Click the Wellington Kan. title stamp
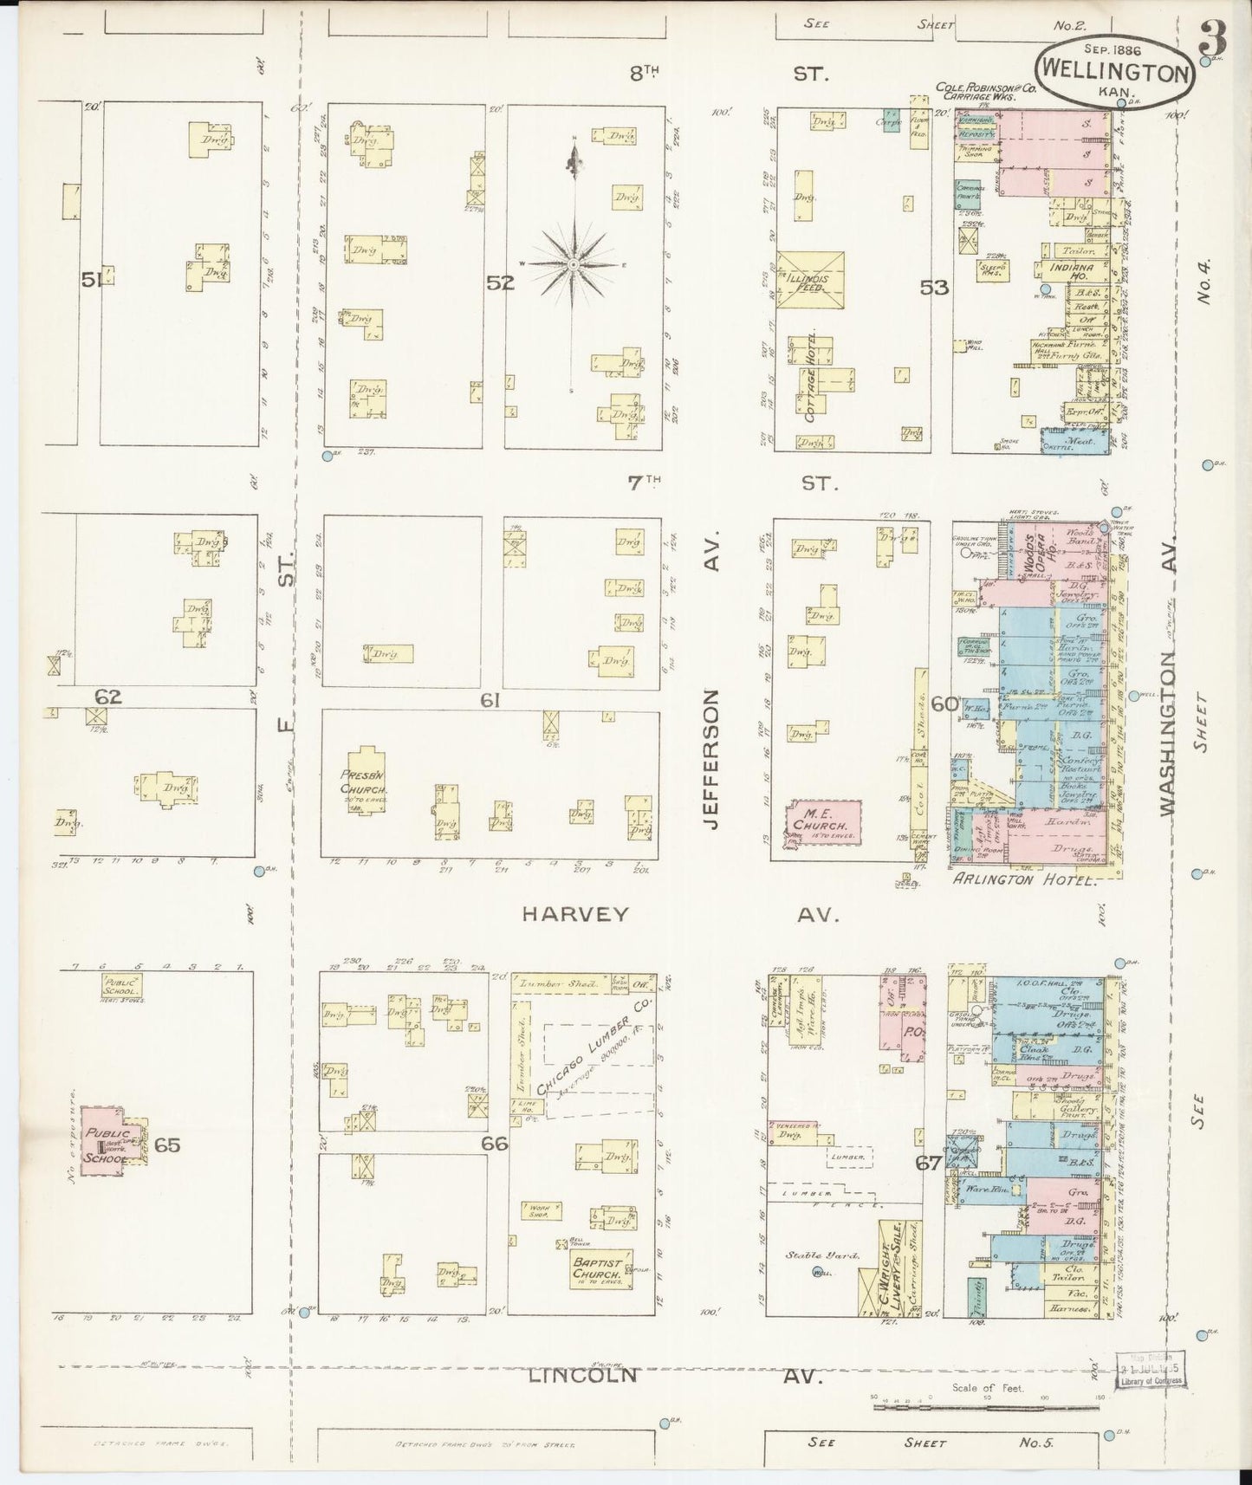pyautogui.click(x=1115, y=72)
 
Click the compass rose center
pyautogui.click(x=573, y=263)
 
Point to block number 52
pyautogui.click(x=500, y=282)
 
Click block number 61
pyautogui.click(x=490, y=700)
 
